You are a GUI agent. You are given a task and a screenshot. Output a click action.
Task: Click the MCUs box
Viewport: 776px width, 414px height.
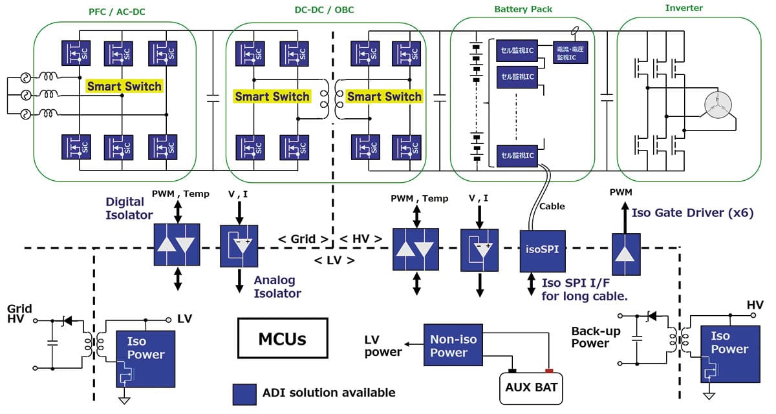click(283, 338)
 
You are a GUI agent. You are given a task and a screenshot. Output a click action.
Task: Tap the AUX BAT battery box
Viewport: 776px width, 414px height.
click(531, 388)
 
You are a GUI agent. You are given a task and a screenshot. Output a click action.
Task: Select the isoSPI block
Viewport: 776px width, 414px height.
click(543, 251)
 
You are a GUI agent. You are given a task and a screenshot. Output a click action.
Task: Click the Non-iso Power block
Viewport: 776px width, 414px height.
click(453, 345)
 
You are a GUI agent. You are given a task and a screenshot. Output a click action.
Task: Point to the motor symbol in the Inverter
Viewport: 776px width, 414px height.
click(718, 105)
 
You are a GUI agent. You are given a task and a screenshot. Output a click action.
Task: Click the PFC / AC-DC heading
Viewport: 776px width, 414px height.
click(117, 12)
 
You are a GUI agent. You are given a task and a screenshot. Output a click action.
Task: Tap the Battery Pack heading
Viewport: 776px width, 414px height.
click(523, 9)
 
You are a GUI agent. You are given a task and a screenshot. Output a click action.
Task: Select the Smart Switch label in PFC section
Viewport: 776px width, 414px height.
click(124, 86)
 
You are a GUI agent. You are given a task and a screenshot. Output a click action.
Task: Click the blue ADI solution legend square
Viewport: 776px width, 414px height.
click(244, 394)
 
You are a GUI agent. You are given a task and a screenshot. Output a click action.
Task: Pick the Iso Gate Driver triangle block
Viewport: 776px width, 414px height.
click(626, 254)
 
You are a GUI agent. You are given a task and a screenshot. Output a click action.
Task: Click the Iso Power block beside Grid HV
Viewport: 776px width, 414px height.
click(145, 358)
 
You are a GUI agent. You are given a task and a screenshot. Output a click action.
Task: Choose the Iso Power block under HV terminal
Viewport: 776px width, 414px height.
click(730, 354)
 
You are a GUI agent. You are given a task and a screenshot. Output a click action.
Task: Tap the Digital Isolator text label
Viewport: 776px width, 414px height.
click(129, 208)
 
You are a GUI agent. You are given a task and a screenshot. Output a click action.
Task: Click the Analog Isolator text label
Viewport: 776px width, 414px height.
click(277, 287)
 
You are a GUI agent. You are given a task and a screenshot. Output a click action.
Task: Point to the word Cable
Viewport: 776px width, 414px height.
click(552, 206)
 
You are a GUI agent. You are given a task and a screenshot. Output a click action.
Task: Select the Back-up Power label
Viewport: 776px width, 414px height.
click(596, 337)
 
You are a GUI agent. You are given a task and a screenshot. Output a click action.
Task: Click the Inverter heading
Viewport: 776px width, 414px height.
click(684, 8)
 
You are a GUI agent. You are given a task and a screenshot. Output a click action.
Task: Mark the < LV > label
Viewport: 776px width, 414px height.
click(334, 260)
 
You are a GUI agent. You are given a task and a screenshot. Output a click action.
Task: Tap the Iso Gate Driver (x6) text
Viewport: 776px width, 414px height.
click(693, 212)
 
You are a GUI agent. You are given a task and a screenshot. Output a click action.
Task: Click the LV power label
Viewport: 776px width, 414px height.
click(383, 346)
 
